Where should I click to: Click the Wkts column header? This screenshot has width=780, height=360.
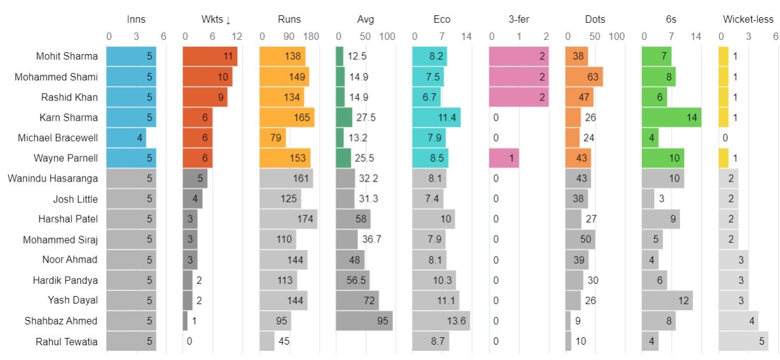[216, 20]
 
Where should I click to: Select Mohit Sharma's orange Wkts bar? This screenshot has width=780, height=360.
[210, 56]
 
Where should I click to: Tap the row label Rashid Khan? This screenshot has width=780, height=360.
[69, 97]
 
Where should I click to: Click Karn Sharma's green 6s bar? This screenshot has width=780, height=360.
[671, 117]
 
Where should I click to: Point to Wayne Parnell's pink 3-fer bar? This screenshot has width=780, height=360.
[503, 158]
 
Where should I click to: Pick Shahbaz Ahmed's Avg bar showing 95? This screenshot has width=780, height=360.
[364, 321]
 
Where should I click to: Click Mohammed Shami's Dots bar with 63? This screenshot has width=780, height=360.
[584, 77]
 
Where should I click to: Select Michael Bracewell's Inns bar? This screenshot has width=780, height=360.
[126, 138]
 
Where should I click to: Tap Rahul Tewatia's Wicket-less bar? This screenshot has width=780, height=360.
[743, 341]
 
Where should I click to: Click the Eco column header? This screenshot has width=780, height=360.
[442, 20]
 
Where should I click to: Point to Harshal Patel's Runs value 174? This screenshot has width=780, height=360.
[305, 219]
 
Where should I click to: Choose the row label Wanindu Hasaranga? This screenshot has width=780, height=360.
[53, 178]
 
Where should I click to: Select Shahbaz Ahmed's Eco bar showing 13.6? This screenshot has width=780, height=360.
[441, 321]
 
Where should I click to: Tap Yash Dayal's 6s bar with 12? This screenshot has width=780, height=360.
[667, 301]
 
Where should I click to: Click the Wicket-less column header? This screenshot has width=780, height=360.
[748, 20]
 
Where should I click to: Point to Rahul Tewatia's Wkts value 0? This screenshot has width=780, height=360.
[189, 341]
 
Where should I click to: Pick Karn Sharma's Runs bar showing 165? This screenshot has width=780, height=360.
[287, 117]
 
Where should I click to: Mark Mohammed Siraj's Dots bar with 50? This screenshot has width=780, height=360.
[580, 239]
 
